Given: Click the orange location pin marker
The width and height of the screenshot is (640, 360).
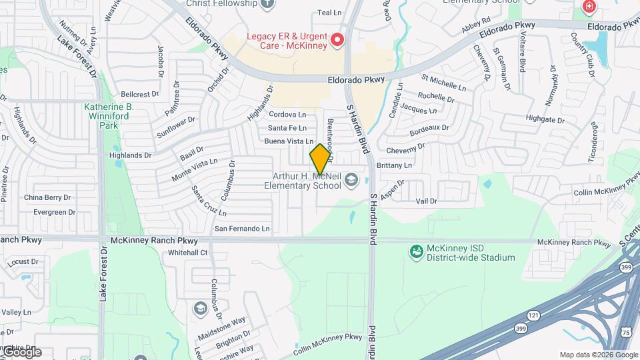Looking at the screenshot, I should [320, 158].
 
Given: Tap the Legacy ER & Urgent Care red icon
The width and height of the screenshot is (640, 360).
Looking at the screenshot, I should [337, 41].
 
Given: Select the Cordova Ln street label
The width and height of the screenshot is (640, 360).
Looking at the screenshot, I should [287, 115].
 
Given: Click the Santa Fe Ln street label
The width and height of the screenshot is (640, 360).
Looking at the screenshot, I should [287, 128].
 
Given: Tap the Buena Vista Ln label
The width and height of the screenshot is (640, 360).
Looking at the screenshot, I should [289, 141].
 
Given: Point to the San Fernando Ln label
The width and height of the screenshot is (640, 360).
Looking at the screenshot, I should [241, 229].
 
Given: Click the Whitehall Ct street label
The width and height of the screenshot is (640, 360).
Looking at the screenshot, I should [188, 253].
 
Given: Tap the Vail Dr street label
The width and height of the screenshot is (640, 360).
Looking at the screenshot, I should [426, 201].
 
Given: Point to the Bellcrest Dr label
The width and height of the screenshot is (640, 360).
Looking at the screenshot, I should [140, 95].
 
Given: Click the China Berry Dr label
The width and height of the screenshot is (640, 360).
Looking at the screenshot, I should [47, 198].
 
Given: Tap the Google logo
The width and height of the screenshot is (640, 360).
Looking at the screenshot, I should [21, 352].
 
